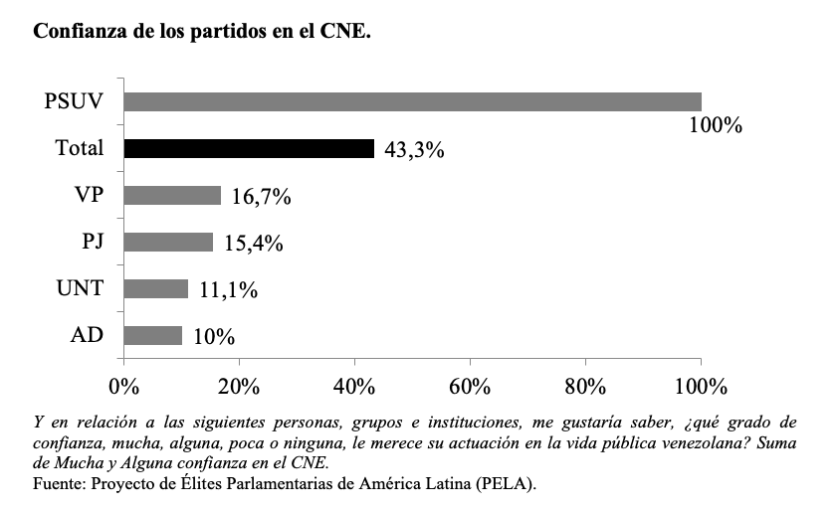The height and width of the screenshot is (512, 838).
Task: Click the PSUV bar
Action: [x=412, y=101]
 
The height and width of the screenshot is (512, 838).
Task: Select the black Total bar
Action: [x=249, y=148]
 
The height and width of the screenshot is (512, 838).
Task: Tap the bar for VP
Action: [x=172, y=195]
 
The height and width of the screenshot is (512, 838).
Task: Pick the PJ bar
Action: [x=168, y=242]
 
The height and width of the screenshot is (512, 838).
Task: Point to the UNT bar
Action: [x=156, y=288]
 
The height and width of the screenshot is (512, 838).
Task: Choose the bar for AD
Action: [x=153, y=335]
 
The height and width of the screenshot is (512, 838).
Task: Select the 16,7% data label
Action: [x=261, y=197]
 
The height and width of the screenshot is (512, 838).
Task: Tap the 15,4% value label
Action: [x=253, y=244]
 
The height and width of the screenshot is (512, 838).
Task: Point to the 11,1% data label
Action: [x=228, y=290]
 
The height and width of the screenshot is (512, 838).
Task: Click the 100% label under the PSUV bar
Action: [x=717, y=126]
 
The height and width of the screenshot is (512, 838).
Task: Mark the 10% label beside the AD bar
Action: [x=214, y=337]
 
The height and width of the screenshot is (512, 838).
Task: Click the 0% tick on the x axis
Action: [x=123, y=385]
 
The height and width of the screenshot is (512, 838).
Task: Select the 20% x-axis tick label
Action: [x=239, y=385]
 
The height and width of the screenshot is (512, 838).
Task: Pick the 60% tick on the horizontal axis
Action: [x=470, y=385]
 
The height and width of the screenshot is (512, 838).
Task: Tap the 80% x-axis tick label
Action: [x=585, y=385]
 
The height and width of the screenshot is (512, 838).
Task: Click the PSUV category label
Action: [x=76, y=101]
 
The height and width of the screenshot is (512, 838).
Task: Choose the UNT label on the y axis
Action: [x=80, y=288]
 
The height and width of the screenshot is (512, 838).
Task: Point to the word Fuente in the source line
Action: [x=58, y=484]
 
